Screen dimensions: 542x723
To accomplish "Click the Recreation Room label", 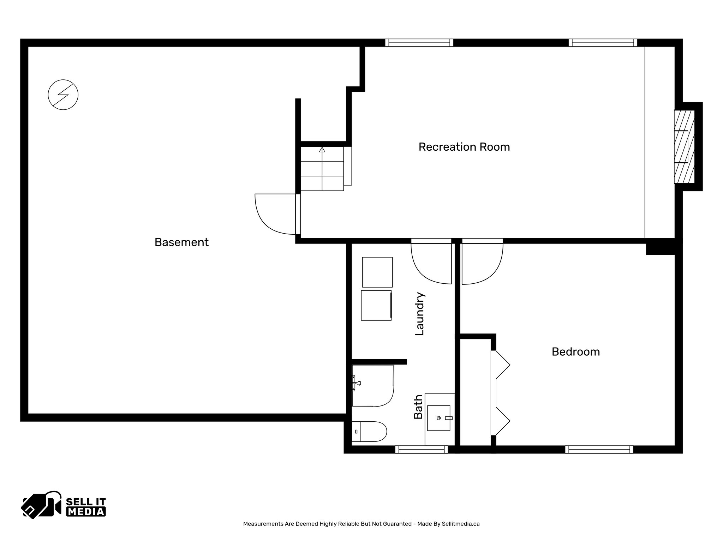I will (x=464, y=147).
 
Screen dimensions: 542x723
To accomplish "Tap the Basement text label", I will (x=181, y=242).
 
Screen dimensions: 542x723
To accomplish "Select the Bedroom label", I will (x=575, y=351).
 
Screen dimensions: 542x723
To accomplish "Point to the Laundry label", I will (x=419, y=313).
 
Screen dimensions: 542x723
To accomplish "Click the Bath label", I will (x=418, y=407).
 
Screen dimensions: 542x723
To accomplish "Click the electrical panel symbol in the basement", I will (x=63, y=95).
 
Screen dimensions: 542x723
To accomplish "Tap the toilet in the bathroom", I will (x=369, y=431).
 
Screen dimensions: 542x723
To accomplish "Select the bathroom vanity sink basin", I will (x=439, y=418).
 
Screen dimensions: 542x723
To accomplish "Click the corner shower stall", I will (x=372, y=386).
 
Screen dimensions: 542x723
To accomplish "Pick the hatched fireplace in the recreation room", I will (x=684, y=146).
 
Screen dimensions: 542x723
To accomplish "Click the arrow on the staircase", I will (x=322, y=150).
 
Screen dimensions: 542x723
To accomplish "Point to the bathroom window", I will (x=421, y=449).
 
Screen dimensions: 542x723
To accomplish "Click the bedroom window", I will (x=599, y=449).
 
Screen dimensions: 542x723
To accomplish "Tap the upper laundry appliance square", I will (x=377, y=272).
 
